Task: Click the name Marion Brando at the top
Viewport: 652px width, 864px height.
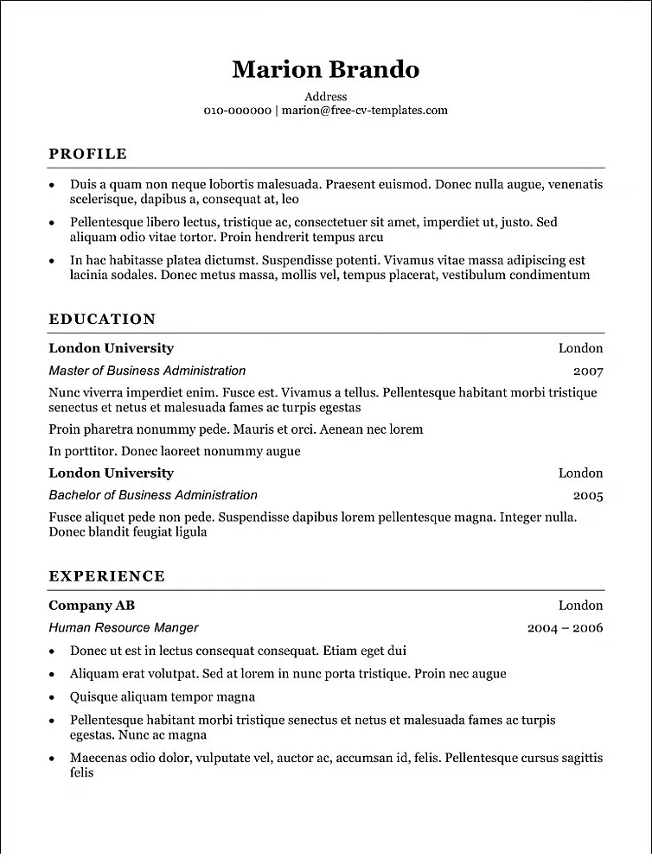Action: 325,69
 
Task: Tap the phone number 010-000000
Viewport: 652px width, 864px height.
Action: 237,111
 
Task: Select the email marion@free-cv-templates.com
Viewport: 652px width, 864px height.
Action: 365,111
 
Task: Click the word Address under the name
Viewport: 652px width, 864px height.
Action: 326,97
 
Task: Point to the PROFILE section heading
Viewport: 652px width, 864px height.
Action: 87,154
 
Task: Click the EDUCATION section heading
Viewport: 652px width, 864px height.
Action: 102,319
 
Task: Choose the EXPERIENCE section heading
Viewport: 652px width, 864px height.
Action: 106,576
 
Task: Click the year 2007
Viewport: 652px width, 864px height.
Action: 588,372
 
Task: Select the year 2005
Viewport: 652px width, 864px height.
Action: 588,496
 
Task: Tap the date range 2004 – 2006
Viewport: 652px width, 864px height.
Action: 565,628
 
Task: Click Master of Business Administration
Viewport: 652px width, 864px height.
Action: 147,371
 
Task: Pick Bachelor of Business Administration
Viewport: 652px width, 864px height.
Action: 153,495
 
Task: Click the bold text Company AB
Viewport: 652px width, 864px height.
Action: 92,606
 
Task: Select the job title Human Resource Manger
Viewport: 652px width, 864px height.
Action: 124,628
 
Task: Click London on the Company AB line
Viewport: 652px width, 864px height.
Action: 580,606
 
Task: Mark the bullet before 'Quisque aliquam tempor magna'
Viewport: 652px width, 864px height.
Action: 53,697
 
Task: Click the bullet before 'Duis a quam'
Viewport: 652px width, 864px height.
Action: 53,185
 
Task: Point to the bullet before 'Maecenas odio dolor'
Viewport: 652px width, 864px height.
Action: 53,759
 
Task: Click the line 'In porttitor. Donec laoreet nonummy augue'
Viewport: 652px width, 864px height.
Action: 175,451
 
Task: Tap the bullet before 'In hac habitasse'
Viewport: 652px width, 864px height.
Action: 53,260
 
